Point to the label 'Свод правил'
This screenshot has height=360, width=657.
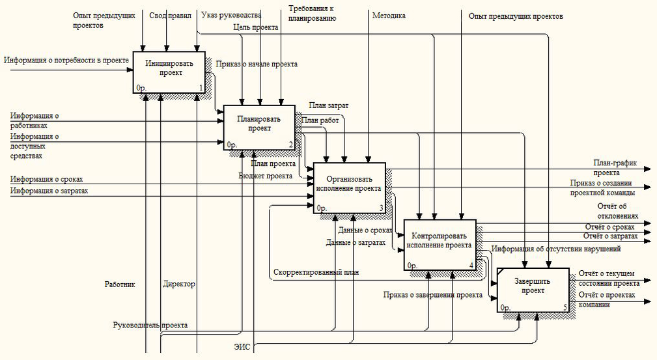point(171,15)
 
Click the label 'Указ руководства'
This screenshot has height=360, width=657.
point(231,15)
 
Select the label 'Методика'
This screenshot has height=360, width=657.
point(388,15)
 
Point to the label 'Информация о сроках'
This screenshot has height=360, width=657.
point(46,179)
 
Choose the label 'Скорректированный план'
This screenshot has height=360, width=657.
point(316,272)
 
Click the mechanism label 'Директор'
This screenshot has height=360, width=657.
point(179,284)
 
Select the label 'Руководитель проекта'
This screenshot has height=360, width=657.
point(150,325)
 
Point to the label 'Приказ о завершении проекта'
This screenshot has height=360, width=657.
point(432,295)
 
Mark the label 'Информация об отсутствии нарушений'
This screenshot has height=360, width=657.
point(556,249)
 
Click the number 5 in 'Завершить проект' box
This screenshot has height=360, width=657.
point(565,306)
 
